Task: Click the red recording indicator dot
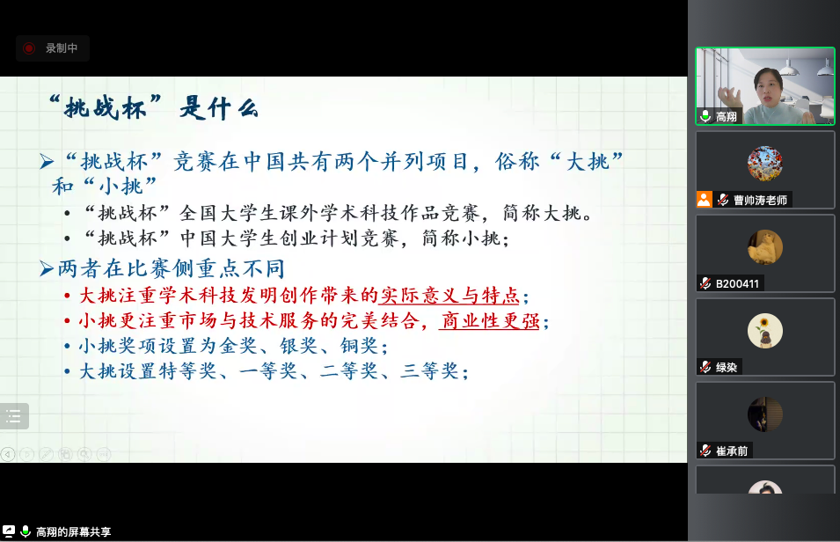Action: click(29, 48)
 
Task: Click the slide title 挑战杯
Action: click(105, 108)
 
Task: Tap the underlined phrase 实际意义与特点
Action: click(450, 296)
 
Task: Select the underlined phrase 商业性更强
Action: click(489, 320)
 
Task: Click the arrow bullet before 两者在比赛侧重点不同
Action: click(47, 268)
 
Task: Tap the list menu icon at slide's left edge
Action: click(14, 416)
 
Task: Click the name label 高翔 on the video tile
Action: click(727, 116)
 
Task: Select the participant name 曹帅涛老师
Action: click(760, 200)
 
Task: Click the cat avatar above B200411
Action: click(765, 247)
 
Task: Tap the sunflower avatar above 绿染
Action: click(765, 331)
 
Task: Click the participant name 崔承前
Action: click(732, 450)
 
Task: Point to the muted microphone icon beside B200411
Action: click(705, 283)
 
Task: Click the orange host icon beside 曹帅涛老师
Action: click(704, 200)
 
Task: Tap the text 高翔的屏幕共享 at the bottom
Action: click(73, 531)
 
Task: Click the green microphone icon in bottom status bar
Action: click(25, 531)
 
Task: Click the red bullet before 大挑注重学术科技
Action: click(67, 296)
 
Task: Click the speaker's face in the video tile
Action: click(768, 86)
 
